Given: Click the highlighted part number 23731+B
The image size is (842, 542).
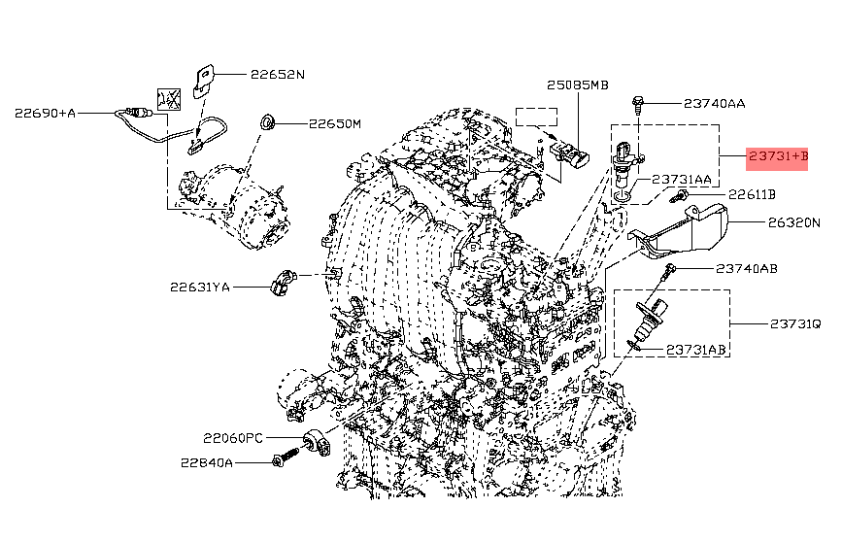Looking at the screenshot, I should coord(777,155).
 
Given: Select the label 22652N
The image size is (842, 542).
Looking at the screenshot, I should coord(277,74).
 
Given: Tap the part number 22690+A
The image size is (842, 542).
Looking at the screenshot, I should coord(45,113).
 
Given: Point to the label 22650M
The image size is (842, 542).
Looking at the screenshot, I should coord(334,124).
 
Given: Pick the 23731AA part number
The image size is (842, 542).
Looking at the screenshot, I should coord(680,179).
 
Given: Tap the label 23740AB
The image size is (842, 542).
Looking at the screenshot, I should coord(746,268).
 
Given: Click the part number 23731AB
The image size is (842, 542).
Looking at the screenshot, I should coord(693,348).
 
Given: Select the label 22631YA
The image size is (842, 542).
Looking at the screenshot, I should coord(200,287).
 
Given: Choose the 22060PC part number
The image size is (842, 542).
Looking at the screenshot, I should coord(233,437).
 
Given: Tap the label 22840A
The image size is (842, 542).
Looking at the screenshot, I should coord(206,462).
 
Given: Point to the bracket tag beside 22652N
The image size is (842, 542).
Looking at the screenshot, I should coord(205,79).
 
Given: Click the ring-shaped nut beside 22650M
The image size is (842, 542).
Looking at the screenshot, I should coord(266,123).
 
